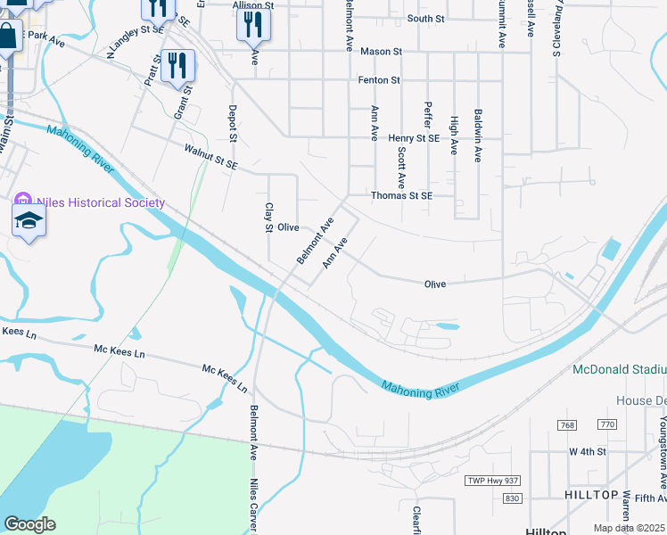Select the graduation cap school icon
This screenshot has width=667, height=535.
(29, 220)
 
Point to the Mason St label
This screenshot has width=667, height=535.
(375, 52)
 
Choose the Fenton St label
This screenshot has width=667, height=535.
(379, 80)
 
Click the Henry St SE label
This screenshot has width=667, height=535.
(415, 138)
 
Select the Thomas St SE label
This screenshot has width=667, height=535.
(401, 196)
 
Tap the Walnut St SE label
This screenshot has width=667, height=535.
(211, 157)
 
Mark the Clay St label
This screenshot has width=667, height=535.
(268, 218)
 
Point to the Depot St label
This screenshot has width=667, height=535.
(233, 125)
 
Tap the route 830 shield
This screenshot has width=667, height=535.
(511, 498)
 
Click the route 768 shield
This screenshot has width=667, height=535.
(568, 425)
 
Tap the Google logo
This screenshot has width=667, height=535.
(29, 524)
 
